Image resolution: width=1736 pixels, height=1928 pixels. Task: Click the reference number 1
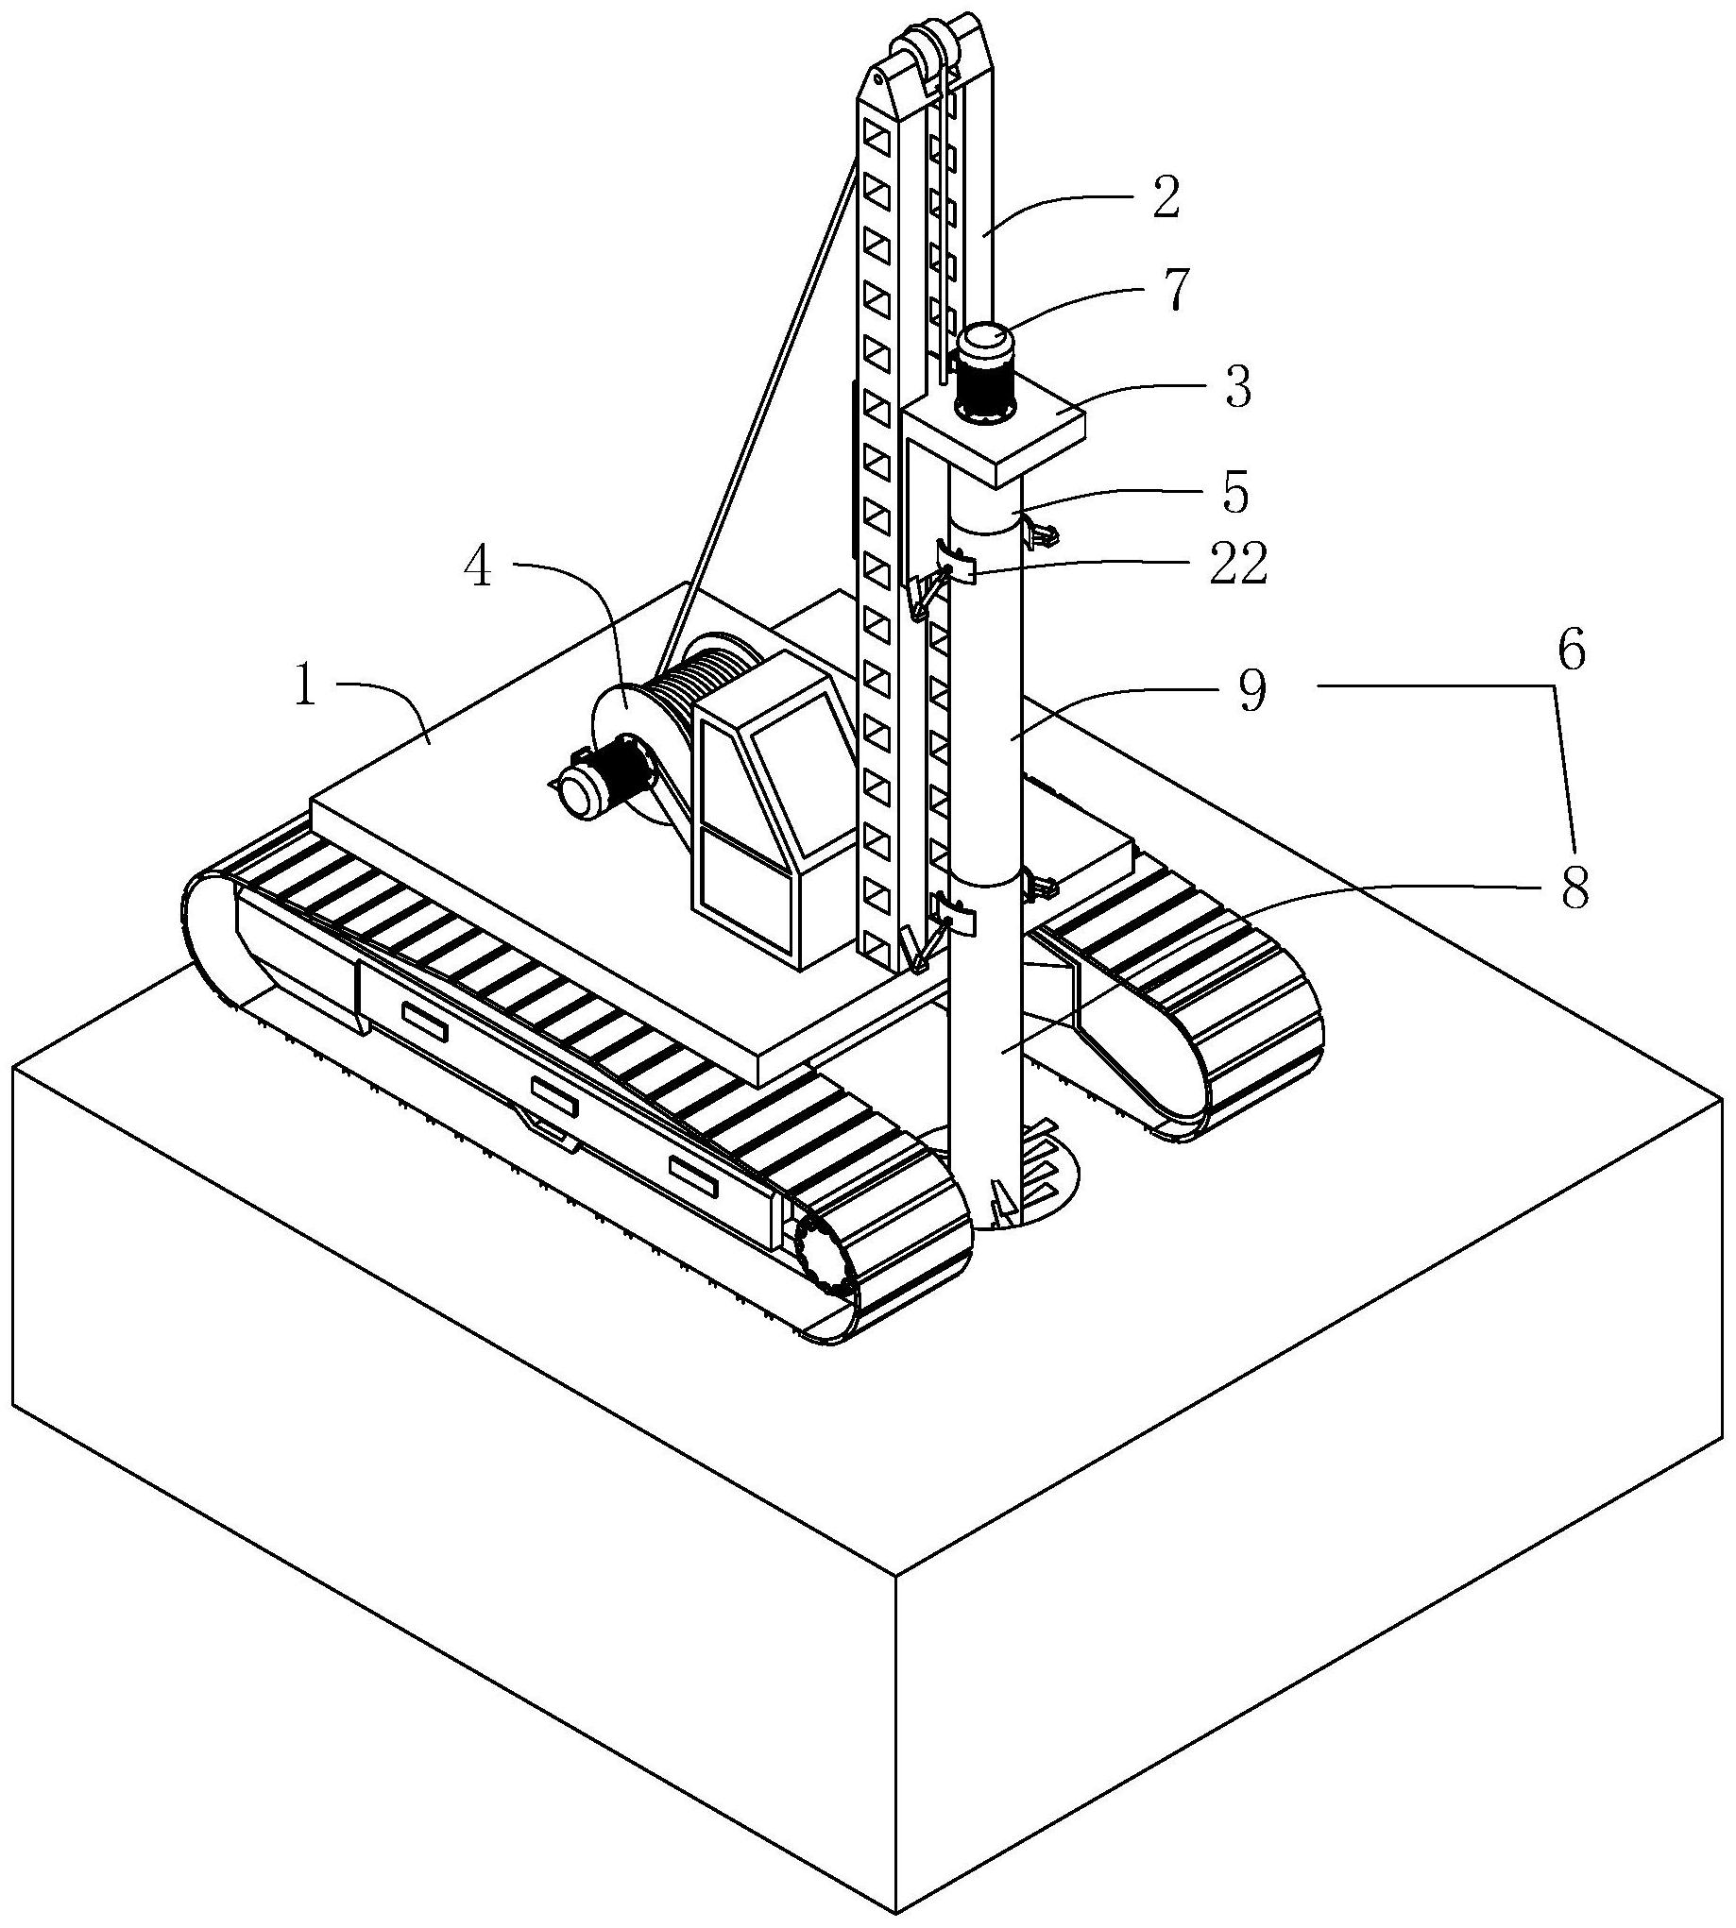click(305, 689)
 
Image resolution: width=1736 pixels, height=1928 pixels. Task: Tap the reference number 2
click(1166, 198)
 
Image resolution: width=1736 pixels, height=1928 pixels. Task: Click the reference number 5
click(1234, 492)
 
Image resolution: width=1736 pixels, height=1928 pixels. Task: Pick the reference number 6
click(1571, 653)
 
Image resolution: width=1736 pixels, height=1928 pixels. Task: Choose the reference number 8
click(1571, 889)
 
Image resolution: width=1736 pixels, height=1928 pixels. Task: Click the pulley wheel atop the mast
click(912, 53)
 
